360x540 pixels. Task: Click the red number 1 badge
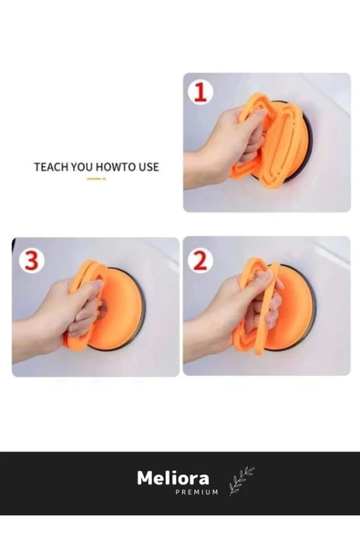pyautogui.click(x=200, y=92)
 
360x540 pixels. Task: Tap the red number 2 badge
pyautogui.click(x=201, y=261)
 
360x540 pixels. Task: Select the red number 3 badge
pyautogui.click(x=32, y=261)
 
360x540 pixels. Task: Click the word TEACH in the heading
pyautogui.click(x=51, y=167)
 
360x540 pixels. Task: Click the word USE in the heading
pyautogui.click(x=149, y=167)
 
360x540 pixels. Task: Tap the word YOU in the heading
pyautogui.click(x=82, y=167)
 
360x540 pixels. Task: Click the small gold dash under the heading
pyautogui.click(x=97, y=179)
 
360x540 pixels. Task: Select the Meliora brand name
pyautogui.click(x=173, y=478)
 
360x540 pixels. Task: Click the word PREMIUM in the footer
pyautogui.click(x=197, y=493)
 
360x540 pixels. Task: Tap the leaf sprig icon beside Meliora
pyautogui.click(x=242, y=481)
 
